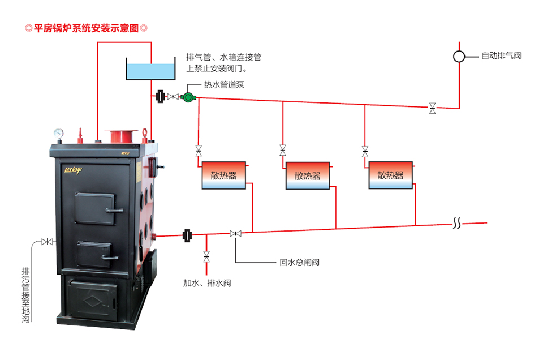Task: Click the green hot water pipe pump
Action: (188, 97)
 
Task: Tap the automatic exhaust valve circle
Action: (459, 56)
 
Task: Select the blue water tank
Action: (150, 71)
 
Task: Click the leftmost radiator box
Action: (223, 175)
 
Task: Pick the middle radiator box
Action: (307, 176)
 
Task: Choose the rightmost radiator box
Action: (391, 175)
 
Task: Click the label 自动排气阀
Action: (501, 56)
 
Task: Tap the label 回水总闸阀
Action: (300, 263)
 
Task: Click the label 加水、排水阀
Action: (207, 282)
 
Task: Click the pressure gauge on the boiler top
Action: (59, 134)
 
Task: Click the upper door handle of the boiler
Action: (114, 210)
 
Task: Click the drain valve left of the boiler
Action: (48, 242)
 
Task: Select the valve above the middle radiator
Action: (283, 151)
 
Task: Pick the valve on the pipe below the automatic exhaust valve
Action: (433, 108)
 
